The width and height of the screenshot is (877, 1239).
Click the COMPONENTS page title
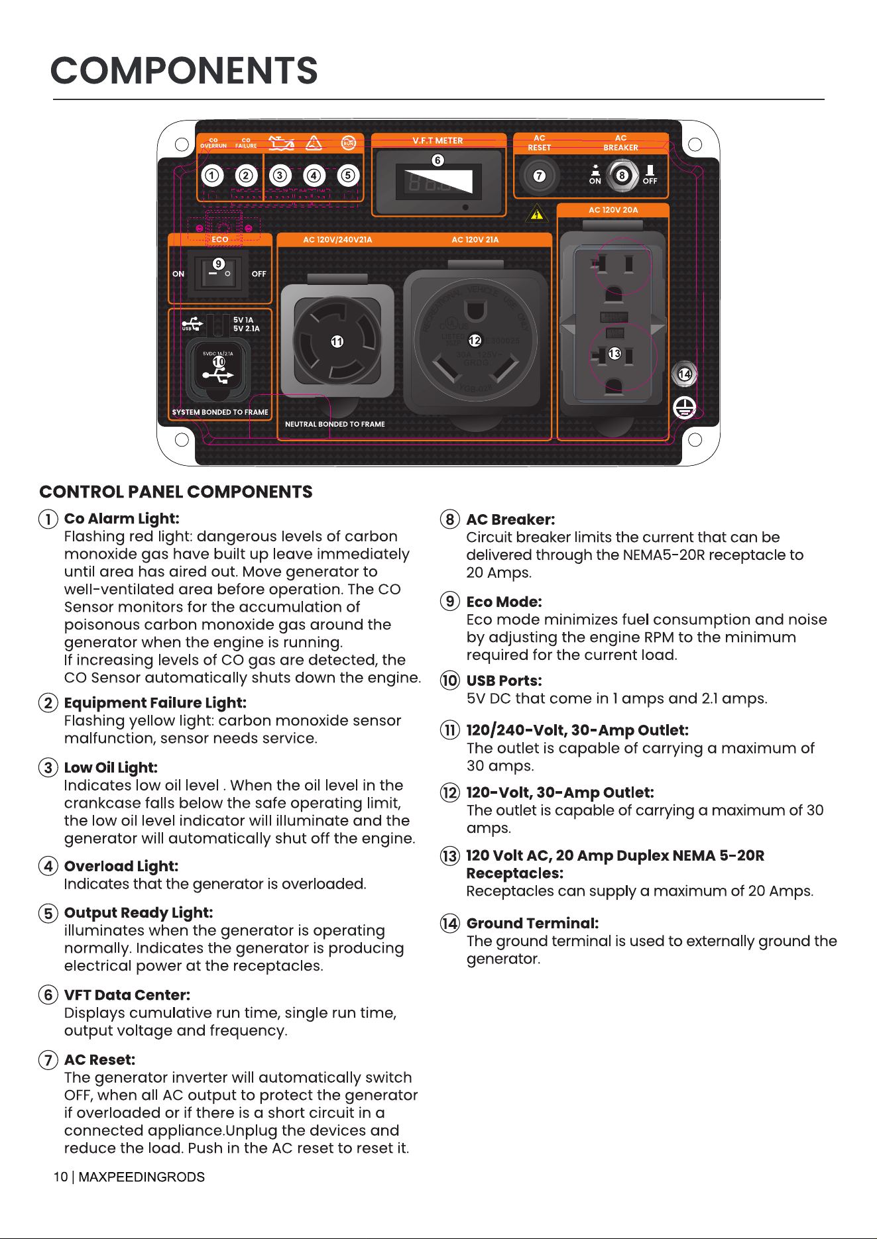coord(184,71)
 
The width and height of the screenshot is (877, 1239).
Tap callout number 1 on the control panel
coord(212,176)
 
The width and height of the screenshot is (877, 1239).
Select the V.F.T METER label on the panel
coord(438,140)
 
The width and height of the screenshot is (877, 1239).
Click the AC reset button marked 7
coord(540,176)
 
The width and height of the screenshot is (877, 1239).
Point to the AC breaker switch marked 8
coord(622,176)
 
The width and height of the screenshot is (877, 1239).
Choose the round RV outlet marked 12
coord(475,341)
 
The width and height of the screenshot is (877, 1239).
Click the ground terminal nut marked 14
coord(685,374)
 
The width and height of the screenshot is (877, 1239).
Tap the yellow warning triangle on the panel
coord(537,214)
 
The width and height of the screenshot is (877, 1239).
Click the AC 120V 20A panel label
coord(613,210)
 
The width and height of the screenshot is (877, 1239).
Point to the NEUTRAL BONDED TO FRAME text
coord(335,424)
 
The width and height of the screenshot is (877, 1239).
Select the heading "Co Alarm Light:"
coord(122,519)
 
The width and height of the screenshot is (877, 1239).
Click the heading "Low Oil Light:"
coord(111,768)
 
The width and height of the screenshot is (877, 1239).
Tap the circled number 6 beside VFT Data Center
coord(48,995)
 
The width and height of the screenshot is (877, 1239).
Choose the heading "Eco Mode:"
coord(504,602)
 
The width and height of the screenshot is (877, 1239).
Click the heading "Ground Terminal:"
coord(533,924)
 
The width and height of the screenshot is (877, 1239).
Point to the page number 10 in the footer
coord(60,1177)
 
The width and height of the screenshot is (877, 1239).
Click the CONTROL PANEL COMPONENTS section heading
coord(176,492)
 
